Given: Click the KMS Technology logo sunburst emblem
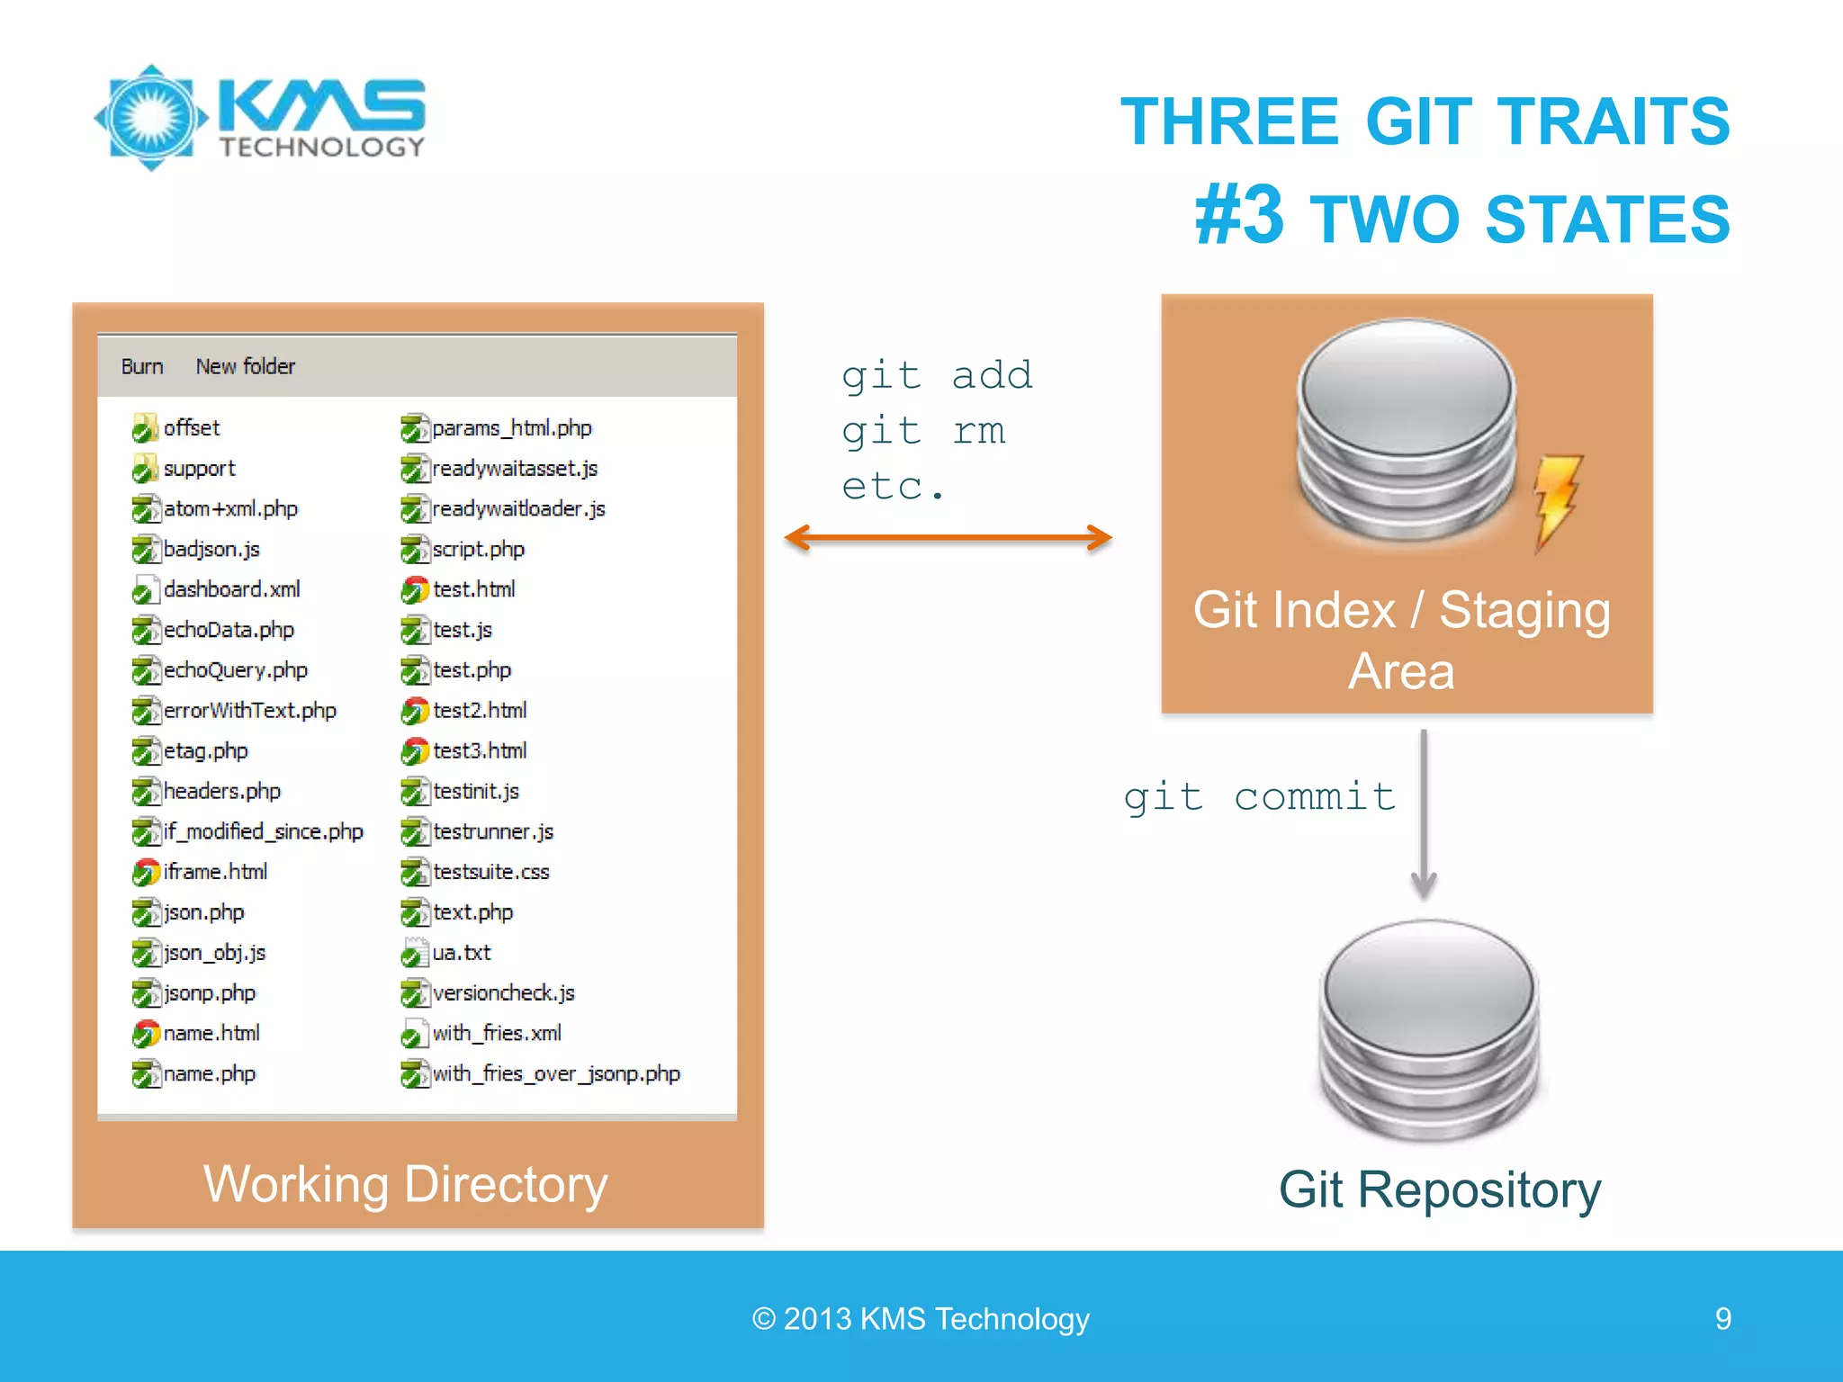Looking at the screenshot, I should point(151,118).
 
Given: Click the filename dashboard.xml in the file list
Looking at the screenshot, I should point(231,590).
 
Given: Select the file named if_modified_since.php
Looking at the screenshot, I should point(263,832).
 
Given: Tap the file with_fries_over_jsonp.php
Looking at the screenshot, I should point(555,1074).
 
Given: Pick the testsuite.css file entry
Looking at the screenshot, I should point(490,873).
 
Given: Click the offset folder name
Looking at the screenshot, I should point(191,428).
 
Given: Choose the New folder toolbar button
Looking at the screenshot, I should point(245,367).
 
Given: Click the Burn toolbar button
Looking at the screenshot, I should point(142,367).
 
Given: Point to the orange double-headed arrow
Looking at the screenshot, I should point(948,538).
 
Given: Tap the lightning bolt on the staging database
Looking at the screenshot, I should point(1557,499).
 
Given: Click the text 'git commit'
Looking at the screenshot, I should point(1259,797).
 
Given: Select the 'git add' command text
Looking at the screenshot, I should point(937,375).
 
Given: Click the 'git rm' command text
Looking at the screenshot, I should point(923,431).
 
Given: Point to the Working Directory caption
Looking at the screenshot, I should point(406,1184).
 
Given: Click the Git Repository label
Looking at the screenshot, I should point(1440,1189).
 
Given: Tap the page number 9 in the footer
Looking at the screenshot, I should point(1722,1319).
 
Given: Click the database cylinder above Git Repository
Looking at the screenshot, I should point(1429,1029).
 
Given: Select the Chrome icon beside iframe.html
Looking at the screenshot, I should point(145,873).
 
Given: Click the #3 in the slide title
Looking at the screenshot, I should point(1239,216).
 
